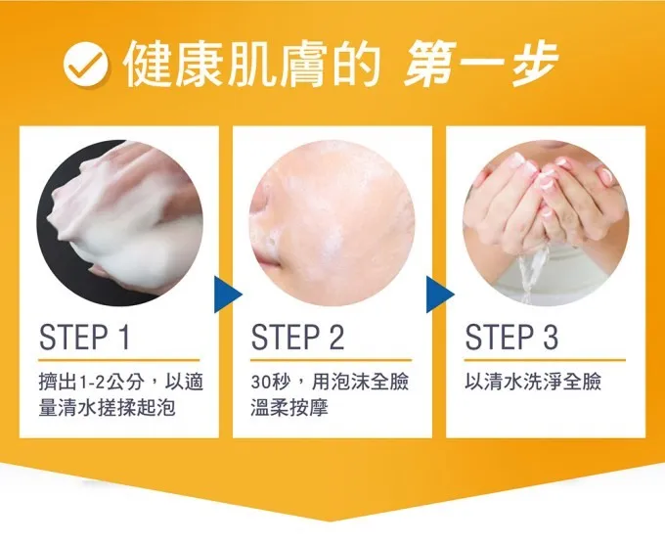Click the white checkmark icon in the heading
click(85, 66)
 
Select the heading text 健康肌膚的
click(251, 65)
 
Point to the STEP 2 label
click(297, 338)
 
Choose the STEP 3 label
click(511, 338)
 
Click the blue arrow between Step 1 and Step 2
click(228, 295)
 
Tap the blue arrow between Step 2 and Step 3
click(440, 295)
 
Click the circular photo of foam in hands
click(119, 223)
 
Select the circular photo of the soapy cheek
click(332, 223)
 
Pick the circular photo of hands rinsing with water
click(546, 223)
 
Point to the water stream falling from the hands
click(530, 272)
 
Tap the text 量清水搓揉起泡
click(107, 408)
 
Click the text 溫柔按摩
click(289, 408)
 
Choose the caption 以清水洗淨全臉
click(533, 382)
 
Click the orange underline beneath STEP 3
click(545, 360)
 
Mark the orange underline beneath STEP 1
click(118, 360)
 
